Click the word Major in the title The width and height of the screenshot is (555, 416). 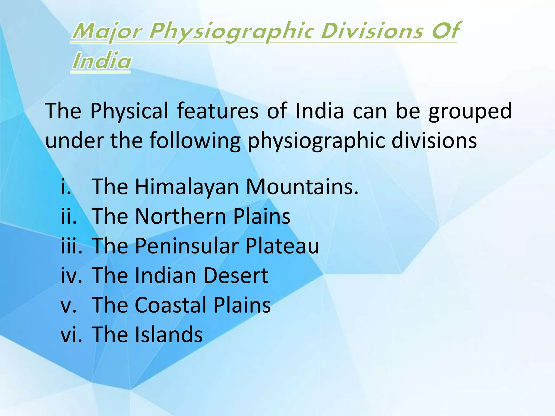pos(107,32)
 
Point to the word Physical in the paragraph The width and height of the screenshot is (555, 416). pos(129,111)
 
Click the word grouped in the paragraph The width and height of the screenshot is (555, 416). pos(470,111)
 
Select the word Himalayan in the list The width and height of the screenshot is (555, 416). pos(187,187)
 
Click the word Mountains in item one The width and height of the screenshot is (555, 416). pos(302,187)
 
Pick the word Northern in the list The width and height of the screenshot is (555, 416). pos(180,216)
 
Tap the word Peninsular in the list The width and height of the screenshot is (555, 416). pos(187,246)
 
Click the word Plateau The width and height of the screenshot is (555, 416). pos(282,246)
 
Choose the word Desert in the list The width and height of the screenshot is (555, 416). pos(235,275)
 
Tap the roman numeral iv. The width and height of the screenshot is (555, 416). pos(71,275)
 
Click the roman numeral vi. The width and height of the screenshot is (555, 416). pos(71,334)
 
